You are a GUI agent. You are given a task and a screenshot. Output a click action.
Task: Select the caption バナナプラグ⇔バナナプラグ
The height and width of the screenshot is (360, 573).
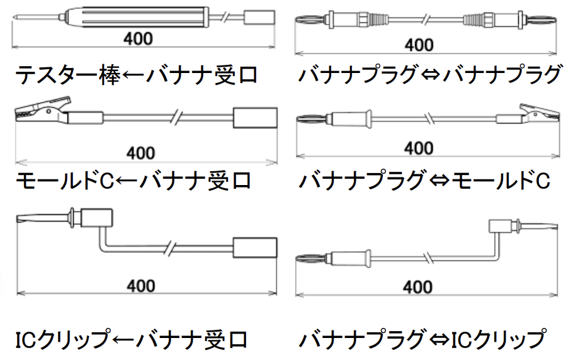click(430, 76)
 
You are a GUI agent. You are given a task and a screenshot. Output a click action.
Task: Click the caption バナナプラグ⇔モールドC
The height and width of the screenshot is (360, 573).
click(425, 181)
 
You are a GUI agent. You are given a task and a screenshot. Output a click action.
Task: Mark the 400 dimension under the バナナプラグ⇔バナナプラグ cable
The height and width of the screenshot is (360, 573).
click(419, 45)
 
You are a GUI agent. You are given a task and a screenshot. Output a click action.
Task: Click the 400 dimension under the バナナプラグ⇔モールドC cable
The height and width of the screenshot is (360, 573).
click(419, 149)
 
